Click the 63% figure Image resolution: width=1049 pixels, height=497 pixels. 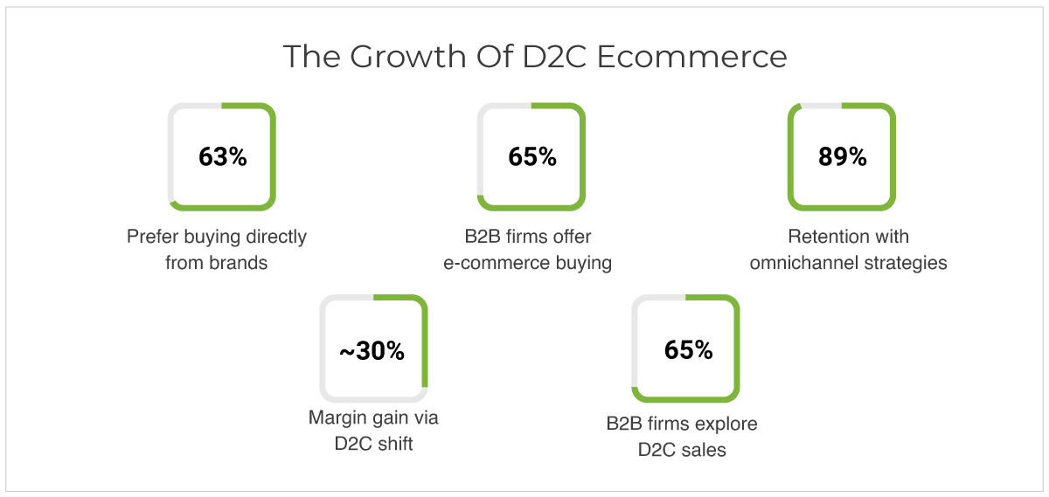pyautogui.click(x=222, y=156)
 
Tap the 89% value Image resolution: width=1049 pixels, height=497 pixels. pyautogui.click(x=843, y=156)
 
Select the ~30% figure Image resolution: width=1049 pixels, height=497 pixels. pyautogui.click(x=372, y=350)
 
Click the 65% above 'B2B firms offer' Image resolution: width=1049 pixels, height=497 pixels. pyautogui.click(x=532, y=156)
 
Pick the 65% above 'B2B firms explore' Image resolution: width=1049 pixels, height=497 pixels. pyautogui.click(x=689, y=349)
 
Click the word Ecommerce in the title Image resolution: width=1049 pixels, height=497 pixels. pyautogui.click(x=691, y=57)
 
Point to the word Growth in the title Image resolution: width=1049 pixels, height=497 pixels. pyautogui.click(x=408, y=57)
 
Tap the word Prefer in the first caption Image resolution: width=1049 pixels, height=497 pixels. pyautogui.click(x=153, y=237)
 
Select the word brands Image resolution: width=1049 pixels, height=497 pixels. pyautogui.click(x=239, y=263)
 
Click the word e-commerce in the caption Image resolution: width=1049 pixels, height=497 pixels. pyautogui.click(x=497, y=263)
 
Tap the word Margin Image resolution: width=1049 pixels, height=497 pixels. pyautogui.click(x=336, y=418)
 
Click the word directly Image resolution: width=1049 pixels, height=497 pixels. pyautogui.click(x=276, y=238)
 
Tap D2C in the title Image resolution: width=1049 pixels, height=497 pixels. pyautogui.click(x=554, y=57)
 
